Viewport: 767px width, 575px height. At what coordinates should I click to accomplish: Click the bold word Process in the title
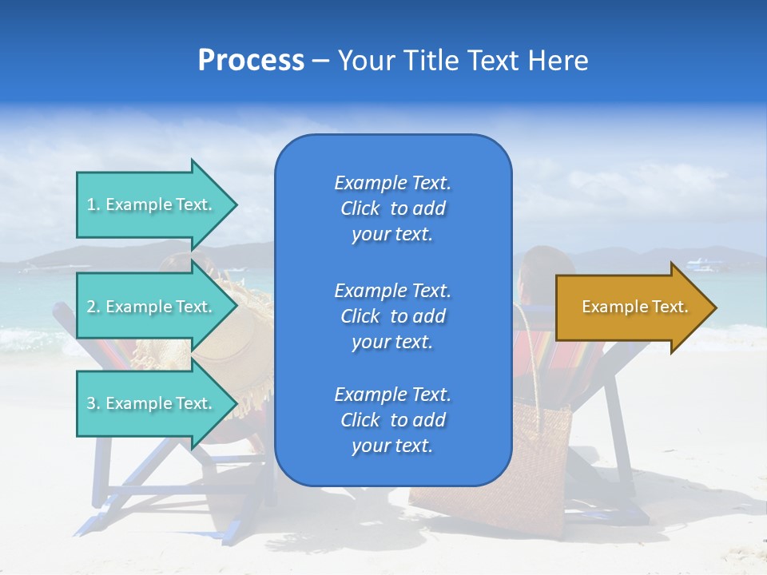coord(251,60)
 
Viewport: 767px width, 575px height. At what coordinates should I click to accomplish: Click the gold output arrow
coord(631,307)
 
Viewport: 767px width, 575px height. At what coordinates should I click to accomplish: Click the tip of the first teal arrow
coord(235,204)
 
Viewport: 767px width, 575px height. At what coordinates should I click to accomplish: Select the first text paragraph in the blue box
coord(392,208)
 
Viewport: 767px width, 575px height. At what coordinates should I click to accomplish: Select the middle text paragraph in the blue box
coord(392,316)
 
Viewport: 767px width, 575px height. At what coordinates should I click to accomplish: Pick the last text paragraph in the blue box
coord(392,420)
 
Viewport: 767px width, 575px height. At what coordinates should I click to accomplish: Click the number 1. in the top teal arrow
coord(93,204)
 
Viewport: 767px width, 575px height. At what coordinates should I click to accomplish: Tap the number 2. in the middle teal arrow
coord(93,307)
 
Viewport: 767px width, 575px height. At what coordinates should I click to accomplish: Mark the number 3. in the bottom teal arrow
coord(93,403)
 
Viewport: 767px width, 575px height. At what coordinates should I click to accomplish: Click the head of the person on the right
coord(545,268)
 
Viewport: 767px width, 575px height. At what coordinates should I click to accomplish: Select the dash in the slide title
coord(320,61)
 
